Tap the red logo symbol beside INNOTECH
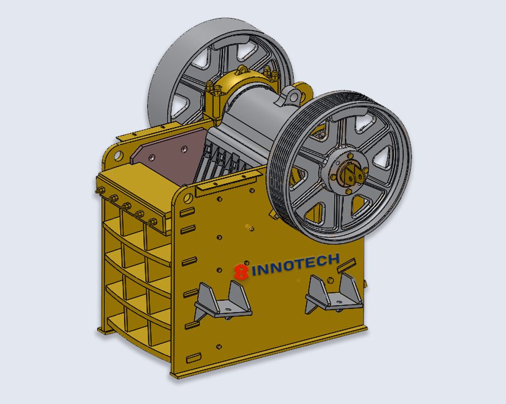point(241,272)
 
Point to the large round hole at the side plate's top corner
point(188,198)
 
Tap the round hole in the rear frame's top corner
point(119,156)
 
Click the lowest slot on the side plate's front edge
point(193,358)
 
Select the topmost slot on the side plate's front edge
point(187,212)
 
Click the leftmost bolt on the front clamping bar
point(100,190)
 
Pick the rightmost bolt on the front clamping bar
point(152,222)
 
